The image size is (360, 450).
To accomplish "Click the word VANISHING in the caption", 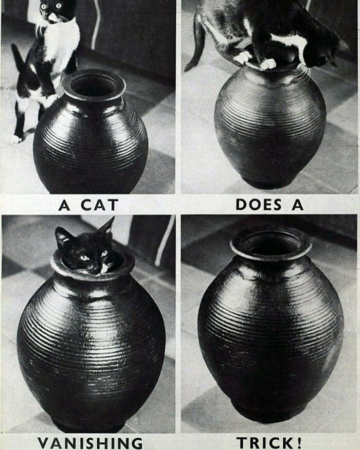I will pyautogui.click(x=90, y=442).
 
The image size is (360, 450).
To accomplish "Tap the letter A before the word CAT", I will pyautogui.click(x=64, y=205).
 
